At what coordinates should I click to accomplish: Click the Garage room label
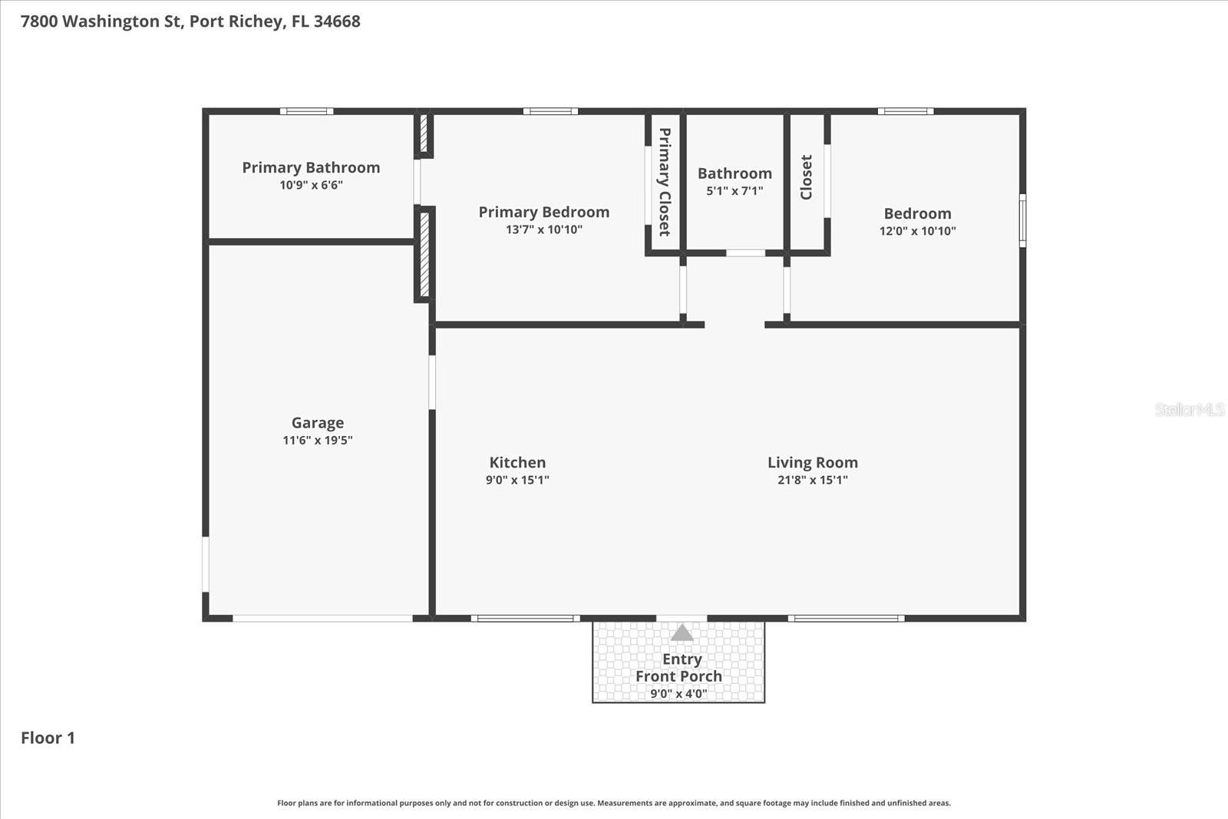pos(317,423)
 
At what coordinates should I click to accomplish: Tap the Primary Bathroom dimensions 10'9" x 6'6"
pos(311,185)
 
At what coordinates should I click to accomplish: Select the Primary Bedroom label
pos(543,212)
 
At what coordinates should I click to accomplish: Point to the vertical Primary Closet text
pos(665,182)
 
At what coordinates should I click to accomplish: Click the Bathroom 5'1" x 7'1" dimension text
pos(734,191)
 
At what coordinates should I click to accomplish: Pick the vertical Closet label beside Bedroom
pos(806,177)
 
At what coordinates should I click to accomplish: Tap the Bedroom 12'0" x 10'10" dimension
pos(917,231)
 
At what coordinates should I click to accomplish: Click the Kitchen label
pos(517,462)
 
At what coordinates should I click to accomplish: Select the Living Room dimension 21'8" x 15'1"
pos(812,481)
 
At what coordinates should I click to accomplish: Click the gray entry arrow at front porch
pos(682,633)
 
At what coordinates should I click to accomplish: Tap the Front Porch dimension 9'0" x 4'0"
pos(678,694)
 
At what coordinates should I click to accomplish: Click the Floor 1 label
pos(48,738)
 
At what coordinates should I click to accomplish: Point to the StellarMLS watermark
pos(1189,409)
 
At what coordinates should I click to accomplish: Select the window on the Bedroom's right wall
pos(1022,221)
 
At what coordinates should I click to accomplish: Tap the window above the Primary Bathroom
pos(306,111)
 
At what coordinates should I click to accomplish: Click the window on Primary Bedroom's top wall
pos(550,111)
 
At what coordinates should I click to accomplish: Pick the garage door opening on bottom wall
pos(322,618)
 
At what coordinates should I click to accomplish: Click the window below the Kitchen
pos(525,618)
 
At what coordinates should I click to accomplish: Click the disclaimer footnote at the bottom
pos(613,803)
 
